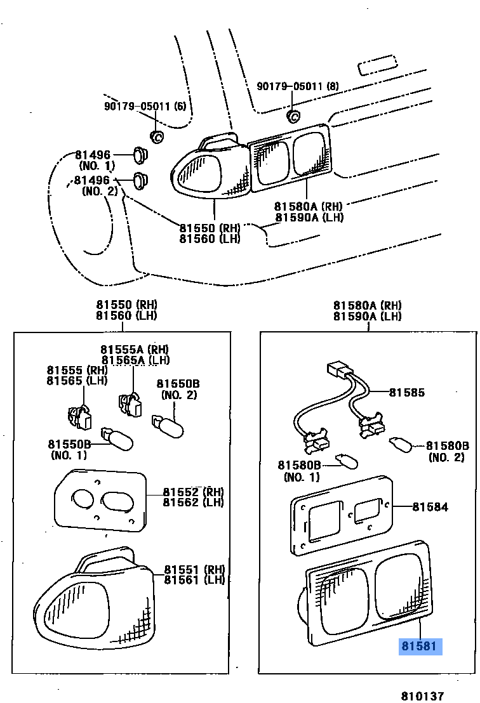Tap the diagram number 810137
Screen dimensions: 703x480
[422, 695]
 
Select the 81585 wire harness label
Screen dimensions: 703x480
[406, 393]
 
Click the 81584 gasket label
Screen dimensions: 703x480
[430, 507]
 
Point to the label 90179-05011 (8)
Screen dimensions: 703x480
[297, 86]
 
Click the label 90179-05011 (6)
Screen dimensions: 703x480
[145, 106]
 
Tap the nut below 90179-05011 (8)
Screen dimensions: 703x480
[293, 115]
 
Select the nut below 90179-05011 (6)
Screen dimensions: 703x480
[156, 136]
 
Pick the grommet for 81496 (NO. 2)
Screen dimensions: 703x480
[141, 181]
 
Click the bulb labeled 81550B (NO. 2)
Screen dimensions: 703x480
[168, 426]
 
